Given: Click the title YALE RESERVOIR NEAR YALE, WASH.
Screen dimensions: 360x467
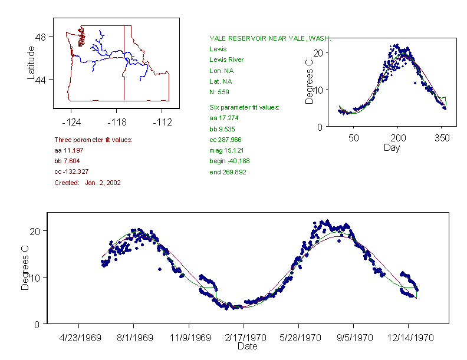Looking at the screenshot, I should coord(270,39).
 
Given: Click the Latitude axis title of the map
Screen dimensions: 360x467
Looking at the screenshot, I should coord(31,62).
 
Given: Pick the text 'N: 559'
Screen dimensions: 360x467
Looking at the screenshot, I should coord(219,92).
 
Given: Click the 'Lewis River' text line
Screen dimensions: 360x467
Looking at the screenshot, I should coord(226,60).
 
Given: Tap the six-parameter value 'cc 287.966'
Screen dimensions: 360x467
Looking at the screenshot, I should coord(225,140).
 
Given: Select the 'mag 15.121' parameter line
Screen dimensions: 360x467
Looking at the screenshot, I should coord(226,150).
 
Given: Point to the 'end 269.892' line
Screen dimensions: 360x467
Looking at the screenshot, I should coord(228,172).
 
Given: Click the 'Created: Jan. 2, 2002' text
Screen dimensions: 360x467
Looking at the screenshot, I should coord(87,183).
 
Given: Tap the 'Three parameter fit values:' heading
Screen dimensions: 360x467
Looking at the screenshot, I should coord(93,140).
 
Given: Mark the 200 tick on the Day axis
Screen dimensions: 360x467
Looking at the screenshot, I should coord(398,138).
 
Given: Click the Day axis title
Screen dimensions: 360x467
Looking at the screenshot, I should coord(391,147).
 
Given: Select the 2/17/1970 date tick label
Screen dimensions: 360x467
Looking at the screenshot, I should coord(244,338).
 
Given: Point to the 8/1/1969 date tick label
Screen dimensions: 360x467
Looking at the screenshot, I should coord(133,338).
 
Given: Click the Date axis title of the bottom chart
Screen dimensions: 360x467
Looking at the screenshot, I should coord(247,346).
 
